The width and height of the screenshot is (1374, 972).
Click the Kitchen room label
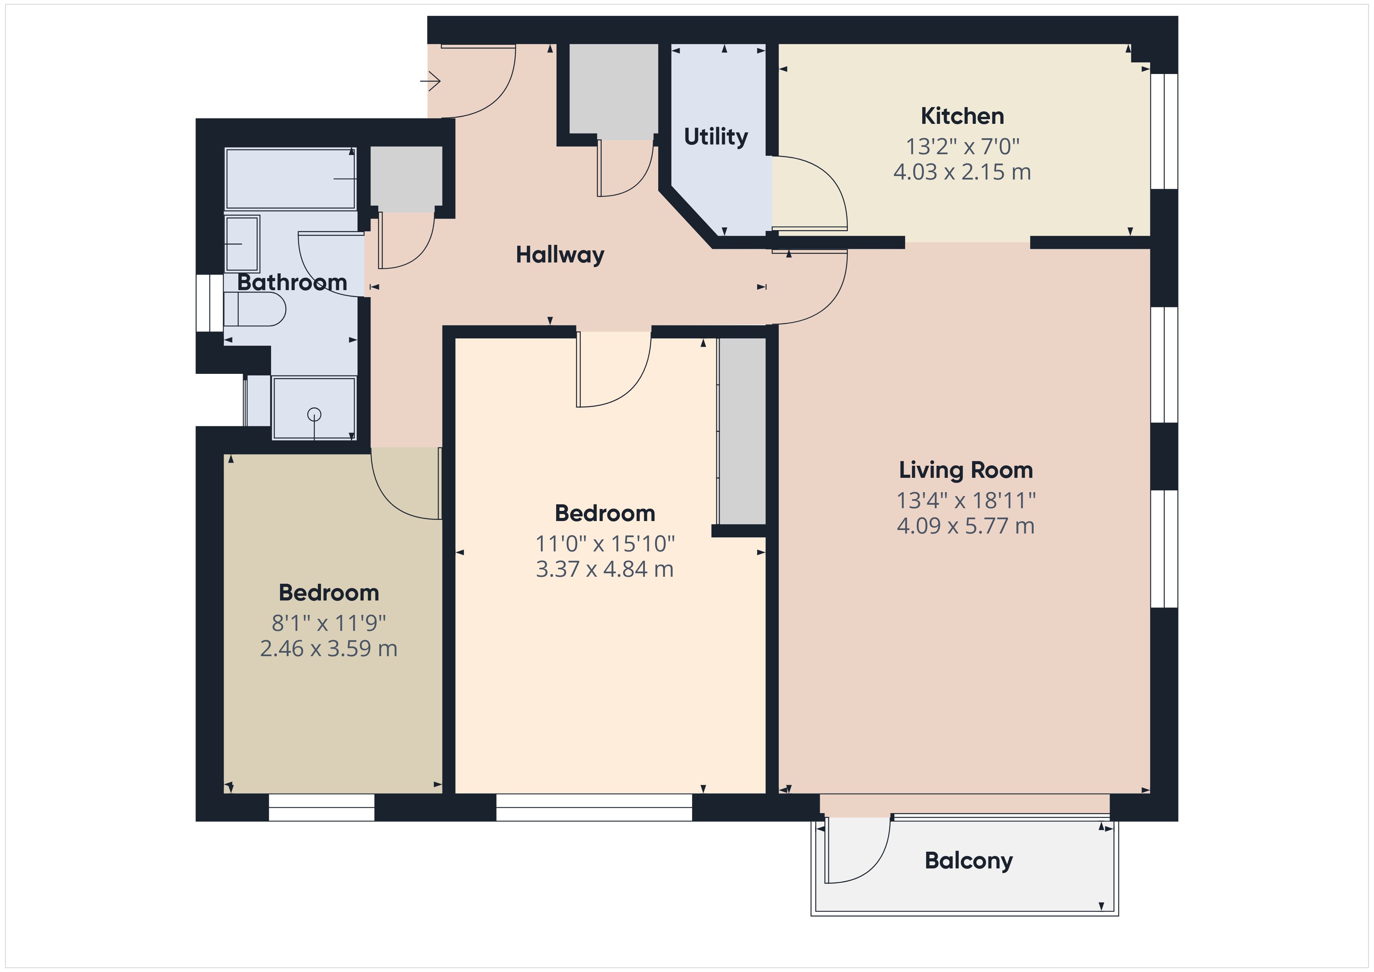(x=962, y=116)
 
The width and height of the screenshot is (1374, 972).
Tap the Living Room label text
(x=966, y=470)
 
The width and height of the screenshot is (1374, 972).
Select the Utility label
(x=716, y=137)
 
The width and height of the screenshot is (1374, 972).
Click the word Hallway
(x=560, y=255)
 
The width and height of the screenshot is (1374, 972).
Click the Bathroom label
(x=292, y=282)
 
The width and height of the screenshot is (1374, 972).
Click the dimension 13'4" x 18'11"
(x=966, y=500)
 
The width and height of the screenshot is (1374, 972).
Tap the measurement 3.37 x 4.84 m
(x=604, y=569)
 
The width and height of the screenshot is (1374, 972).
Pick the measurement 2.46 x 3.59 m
(x=329, y=649)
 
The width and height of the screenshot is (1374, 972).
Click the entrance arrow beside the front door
(x=430, y=80)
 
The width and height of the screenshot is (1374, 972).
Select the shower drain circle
(x=314, y=414)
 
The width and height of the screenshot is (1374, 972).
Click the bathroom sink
(x=242, y=244)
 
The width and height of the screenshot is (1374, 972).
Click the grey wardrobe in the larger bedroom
(x=742, y=431)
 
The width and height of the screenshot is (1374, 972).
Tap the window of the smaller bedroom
(x=321, y=807)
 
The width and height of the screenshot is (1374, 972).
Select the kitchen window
(x=1164, y=131)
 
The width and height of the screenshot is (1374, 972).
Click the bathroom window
(x=210, y=303)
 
